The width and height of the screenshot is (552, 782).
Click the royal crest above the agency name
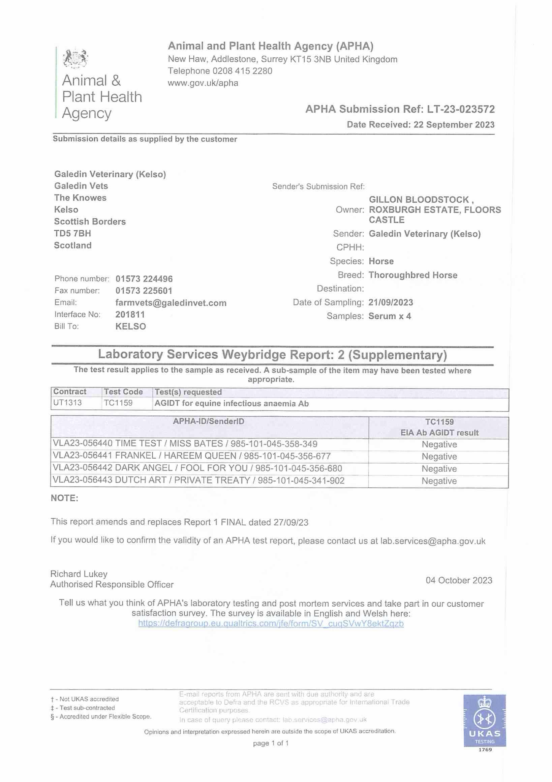[x=75, y=58]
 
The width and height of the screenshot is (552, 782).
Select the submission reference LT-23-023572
[x=461, y=109]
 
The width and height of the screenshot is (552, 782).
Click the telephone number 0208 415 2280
[x=242, y=71]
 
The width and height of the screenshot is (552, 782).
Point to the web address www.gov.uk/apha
[x=203, y=83]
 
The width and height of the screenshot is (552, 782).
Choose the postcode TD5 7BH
[x=72, y=234]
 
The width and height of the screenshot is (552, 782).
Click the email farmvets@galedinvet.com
[x=171, y=303]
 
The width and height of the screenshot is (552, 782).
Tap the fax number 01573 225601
[x=144, y=291]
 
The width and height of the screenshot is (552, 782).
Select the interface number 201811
[x=130, y=314]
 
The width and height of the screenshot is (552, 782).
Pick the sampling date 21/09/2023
[x=390, y=302]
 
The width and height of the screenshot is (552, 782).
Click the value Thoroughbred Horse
[x=413, y=275]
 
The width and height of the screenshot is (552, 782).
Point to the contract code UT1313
[x=67, y=403]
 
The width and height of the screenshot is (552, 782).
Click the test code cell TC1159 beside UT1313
[x=118, y=403]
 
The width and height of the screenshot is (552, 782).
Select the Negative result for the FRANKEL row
[x=439, y=457]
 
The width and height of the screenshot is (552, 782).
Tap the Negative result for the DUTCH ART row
[x=439, y=481]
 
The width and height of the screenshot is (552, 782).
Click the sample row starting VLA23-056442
[x=197, y=469]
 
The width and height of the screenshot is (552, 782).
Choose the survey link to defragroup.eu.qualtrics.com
[x=271, y=624]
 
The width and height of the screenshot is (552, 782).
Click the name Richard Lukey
[x=79, y=574]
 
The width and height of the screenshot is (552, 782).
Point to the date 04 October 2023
[x=459, y=580]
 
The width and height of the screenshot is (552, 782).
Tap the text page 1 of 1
[x=271, y=743]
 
